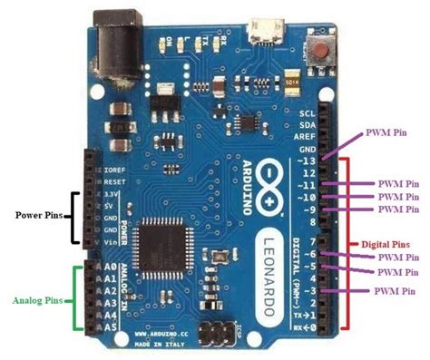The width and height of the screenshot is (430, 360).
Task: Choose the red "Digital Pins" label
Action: tap(391, 244)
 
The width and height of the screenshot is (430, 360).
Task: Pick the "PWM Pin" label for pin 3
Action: tap(396, 290)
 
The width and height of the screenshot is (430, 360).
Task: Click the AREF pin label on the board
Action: tap(307, 134)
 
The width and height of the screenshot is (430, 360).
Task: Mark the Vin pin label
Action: tap(112, 242)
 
